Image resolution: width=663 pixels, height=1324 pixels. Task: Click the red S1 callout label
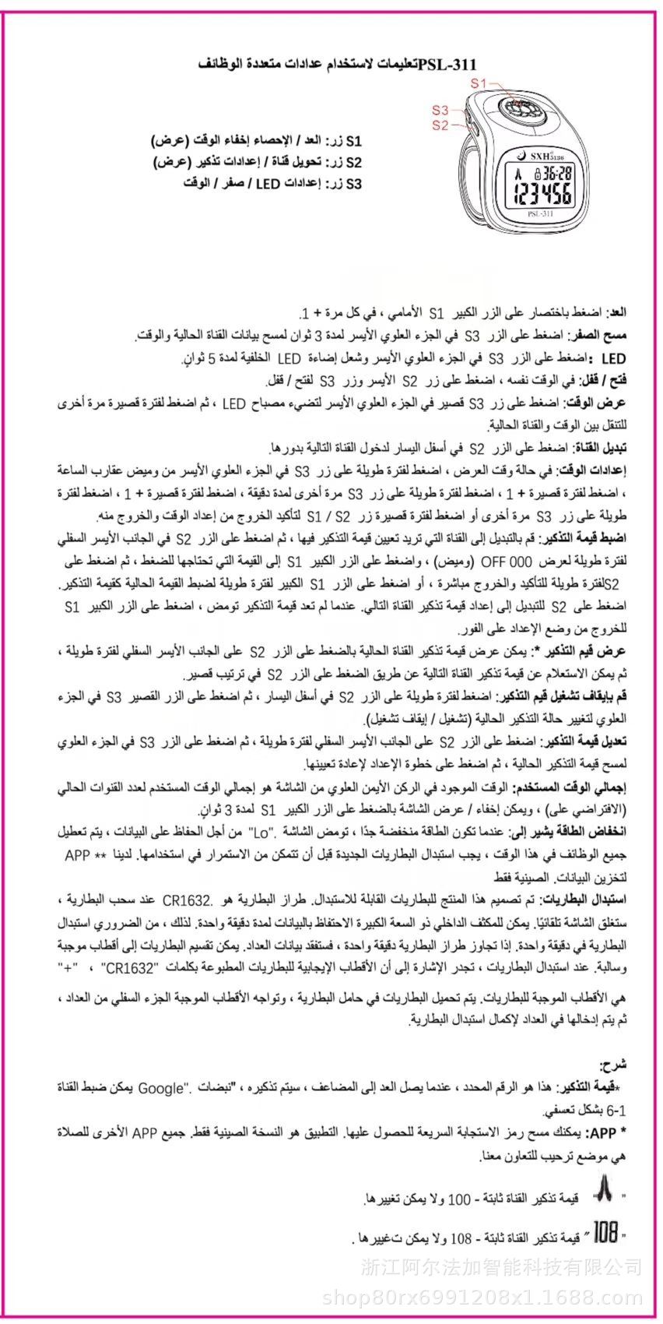[479, 82]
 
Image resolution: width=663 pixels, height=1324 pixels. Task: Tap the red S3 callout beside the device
[440, 111]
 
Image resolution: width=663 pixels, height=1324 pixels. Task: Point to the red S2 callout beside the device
[440, 125]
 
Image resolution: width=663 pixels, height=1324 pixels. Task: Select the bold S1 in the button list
[354, 142]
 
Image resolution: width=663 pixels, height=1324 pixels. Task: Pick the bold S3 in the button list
[354, 184]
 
